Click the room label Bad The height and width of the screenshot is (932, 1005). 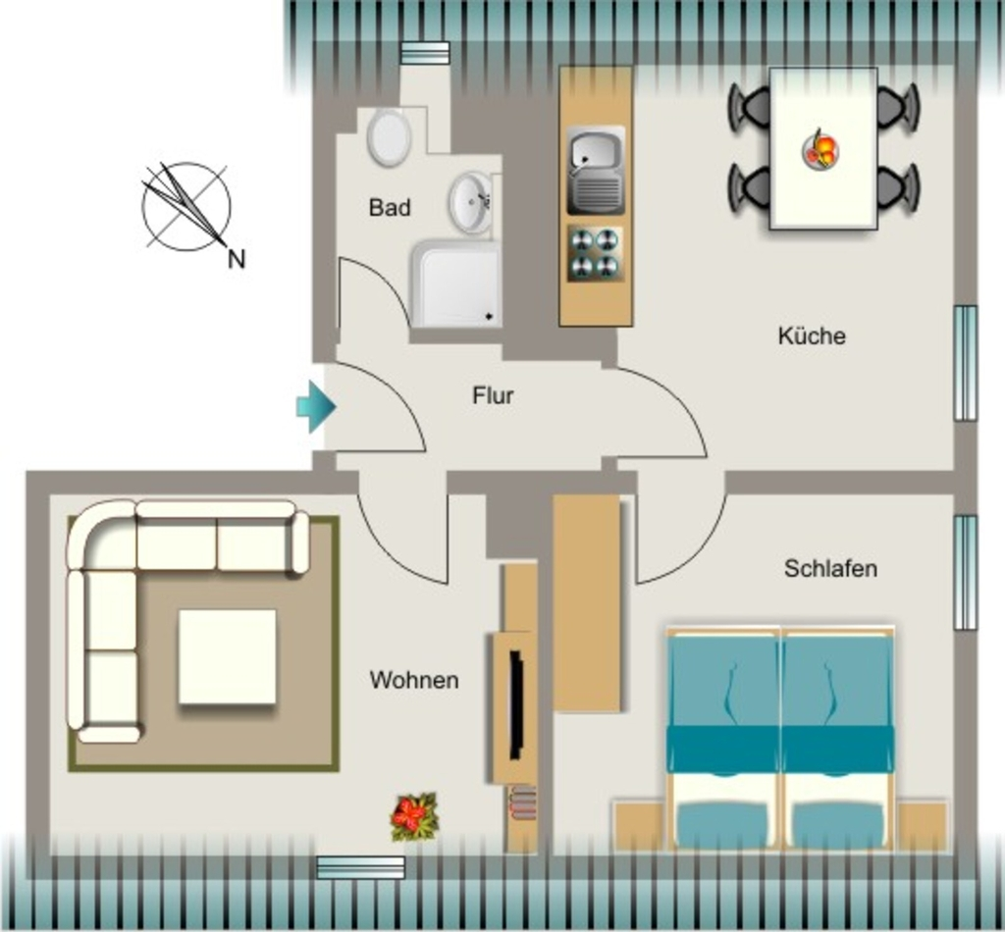[390, 208]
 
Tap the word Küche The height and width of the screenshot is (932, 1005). [812, 336]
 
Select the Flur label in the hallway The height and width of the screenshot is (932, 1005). [493, 395]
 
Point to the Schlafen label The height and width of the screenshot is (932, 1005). [830, 568]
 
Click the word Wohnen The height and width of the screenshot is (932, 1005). [414, 680]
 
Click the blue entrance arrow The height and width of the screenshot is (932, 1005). [316, 407]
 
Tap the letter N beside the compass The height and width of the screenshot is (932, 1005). [237, 259]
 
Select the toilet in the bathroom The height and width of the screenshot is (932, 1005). [389, 137]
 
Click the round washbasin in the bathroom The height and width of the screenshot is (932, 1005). [471, 203]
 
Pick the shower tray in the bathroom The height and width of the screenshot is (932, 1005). [456, 284]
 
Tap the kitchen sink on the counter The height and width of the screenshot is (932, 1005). [596, 171]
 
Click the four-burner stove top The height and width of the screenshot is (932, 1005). [595, 254]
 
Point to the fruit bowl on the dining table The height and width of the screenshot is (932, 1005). [820, 151]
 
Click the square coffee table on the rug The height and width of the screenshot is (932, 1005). [228, 656]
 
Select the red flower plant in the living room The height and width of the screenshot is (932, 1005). [414, 817]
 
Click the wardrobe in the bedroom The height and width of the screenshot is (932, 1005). [587, 602]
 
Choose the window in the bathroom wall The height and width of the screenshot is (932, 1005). [424, 53]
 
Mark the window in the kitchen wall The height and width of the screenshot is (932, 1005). [966, 363]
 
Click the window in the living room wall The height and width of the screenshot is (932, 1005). [361, 867]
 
